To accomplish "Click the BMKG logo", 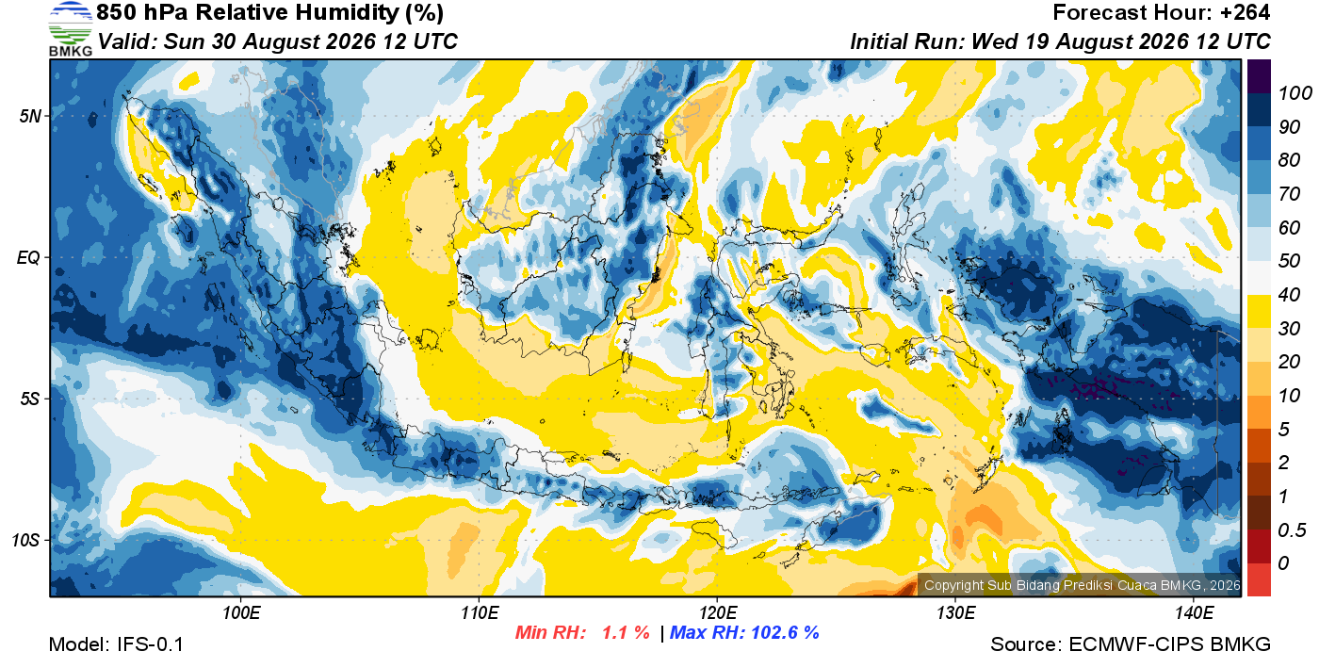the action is pyautogui.click(x=71, y=29).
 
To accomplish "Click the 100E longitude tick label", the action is pyautogui.click(x=241, y=612).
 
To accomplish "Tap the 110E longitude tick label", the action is pyautogui.click(x=480, y=612).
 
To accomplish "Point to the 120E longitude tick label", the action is pyautogui.click(x=718, y=612).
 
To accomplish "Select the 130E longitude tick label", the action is pyautogui.click(x=955, y=612).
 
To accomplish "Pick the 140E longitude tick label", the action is pyautogui.click(x=1194, y=612).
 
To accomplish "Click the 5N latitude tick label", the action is pyautogui.click(x=30, y=116).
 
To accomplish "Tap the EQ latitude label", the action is pyautogui.click(x=29, y=258).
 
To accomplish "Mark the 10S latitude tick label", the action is pyautogui.click(x=26, y=540).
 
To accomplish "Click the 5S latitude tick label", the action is pyautogui.click(x=30, y=399).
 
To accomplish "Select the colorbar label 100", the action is pyautogui.click(x=1295, y=93).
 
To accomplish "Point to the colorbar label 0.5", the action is pyautogui.click(x=1292, y=530).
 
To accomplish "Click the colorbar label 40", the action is pyautogui.click(x=1289, y=295).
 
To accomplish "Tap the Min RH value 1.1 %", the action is pyautogui.click(x=626, y=632).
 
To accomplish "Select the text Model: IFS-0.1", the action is pyautogui.click(x=116, y=644).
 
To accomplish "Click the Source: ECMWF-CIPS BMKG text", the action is pyautogui.click(x=1131, y=644).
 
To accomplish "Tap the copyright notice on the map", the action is pyautogui.click(x=1083, y=585).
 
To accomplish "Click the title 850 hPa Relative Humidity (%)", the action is pyautogui.click(x=269, y=13).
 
